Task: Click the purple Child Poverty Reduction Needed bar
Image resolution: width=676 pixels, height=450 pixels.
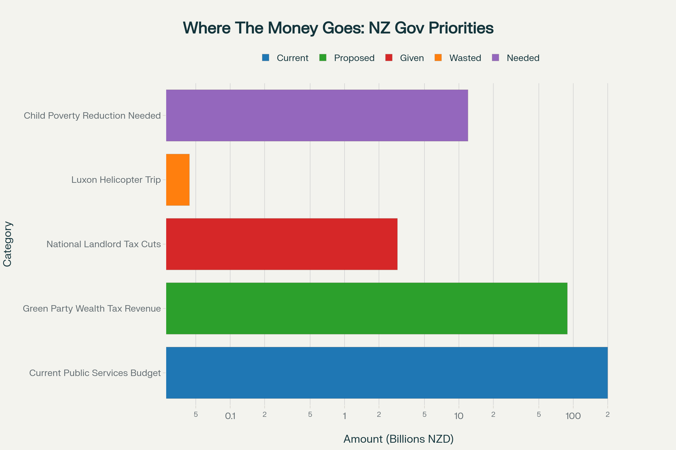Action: coord(317,115)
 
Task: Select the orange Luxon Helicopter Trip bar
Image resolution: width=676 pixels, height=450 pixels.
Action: coord(178,180)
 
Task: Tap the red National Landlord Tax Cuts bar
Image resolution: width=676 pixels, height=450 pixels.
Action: coord(282,244)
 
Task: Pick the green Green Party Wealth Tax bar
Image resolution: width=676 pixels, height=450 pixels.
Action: coord(366,308)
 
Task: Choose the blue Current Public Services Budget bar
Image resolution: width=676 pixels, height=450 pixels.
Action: coord(386,372)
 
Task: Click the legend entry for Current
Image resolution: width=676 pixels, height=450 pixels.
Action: coord(285,58)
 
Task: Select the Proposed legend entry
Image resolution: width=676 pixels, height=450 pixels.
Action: coord(347,58)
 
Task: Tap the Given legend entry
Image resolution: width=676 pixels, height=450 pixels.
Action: coord(405,58)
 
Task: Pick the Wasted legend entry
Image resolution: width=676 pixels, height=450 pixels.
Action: coord(458,58)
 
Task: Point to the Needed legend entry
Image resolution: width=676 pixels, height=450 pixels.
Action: coord(516,58)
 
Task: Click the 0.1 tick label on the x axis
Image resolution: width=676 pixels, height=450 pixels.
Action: coord(230,416)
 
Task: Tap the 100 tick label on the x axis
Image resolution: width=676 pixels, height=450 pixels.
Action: coord(573,416)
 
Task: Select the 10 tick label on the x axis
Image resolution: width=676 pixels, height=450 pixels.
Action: coord(459,416)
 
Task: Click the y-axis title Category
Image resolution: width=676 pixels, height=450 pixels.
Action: coord(8,244)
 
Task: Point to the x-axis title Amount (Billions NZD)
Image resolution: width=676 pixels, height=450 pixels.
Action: coord(398,439)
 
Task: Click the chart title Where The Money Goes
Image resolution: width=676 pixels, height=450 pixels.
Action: coord(338,28)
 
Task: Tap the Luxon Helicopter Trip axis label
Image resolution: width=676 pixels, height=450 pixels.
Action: coord(116,180)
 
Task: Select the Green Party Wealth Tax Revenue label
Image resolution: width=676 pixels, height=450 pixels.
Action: coord(92,309)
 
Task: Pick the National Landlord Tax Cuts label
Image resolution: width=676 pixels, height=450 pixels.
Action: coord(103,244)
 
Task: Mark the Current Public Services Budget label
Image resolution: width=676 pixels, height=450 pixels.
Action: coord(95,373)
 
